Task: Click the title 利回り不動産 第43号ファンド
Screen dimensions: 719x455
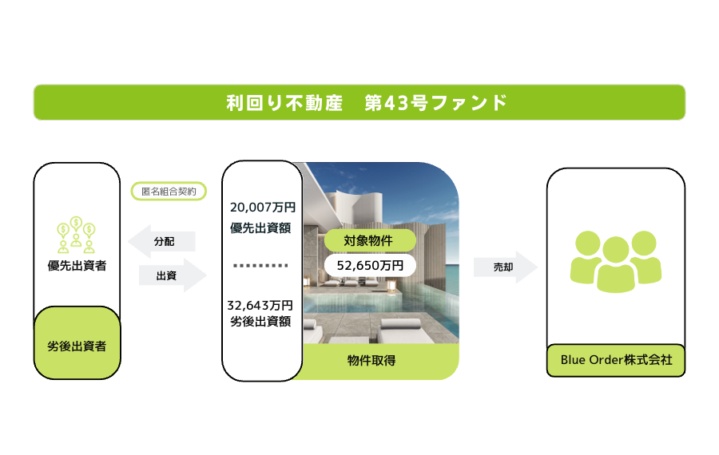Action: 367,103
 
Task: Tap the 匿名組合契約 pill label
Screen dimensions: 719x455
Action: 169,191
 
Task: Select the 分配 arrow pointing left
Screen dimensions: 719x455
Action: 161,242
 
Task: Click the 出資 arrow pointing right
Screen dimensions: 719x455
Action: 173,275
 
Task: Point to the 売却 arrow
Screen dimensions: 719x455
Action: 506,267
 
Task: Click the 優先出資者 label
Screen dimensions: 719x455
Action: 77,266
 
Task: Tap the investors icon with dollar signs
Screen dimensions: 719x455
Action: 76,235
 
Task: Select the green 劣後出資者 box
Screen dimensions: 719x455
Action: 77,342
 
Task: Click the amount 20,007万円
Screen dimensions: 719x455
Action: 263,208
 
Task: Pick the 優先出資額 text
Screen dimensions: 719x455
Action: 260,227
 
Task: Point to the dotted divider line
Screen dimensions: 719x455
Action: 260,265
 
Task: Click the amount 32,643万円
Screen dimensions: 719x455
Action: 260,305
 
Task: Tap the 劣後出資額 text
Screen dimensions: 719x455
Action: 260,321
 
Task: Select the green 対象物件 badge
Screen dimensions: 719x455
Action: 370,240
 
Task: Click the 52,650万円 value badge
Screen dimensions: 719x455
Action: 370,265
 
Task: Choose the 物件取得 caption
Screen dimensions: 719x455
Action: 371,361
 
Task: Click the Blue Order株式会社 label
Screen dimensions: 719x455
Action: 616,360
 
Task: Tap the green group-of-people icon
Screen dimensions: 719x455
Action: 616,262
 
